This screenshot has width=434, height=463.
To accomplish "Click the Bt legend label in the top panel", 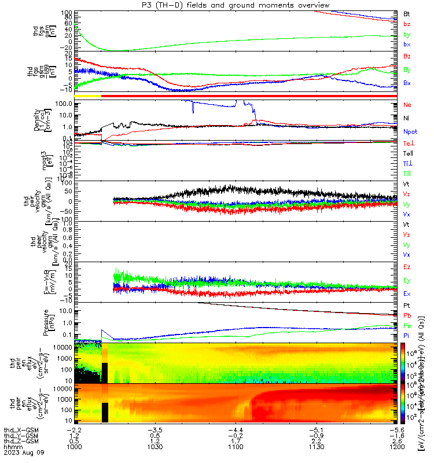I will coord(407,13).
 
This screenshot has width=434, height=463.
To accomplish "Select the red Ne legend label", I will coord(407,105).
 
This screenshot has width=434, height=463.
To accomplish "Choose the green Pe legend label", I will coord(407,326).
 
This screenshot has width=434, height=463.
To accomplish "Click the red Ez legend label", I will coord(407,267).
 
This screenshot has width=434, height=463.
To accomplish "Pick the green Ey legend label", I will coord(407,280).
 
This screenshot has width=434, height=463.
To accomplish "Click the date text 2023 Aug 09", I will coord(20,454).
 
